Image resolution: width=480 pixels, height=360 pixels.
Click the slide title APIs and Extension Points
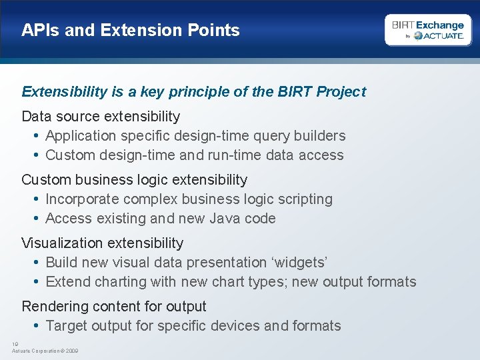pos(130,30)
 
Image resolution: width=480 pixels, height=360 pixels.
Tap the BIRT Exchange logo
pos(427,30)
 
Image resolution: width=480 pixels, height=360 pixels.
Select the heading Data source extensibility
pos(101,117)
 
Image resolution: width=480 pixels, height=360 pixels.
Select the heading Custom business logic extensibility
pos(134,180)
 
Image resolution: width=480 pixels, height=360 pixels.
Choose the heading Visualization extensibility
pos(102,243)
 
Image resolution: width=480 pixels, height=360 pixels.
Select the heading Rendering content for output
pos(114,307)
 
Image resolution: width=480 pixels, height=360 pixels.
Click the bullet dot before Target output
pos(35,326)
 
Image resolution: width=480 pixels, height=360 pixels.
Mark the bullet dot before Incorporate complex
pos(35,199)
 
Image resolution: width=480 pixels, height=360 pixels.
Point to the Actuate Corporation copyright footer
pos(45,351)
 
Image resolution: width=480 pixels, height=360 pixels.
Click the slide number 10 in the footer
pos(15,344)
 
